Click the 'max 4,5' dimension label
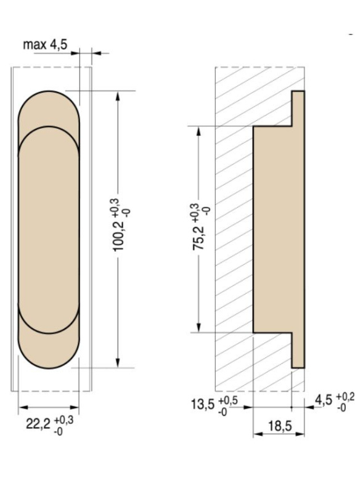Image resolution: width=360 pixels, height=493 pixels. (45, 44)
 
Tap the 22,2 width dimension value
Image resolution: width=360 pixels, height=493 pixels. (38, 424)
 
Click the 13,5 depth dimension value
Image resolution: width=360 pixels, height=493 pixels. (203, 404)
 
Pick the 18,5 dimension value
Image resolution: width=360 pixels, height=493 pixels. (280, 426)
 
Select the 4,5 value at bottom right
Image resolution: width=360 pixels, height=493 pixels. (324, 400)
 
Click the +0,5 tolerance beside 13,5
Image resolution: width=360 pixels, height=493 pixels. (228, 401)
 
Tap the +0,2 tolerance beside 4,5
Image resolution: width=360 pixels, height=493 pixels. (345, 397)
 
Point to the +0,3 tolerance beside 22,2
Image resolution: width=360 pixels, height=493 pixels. (64, 420)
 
